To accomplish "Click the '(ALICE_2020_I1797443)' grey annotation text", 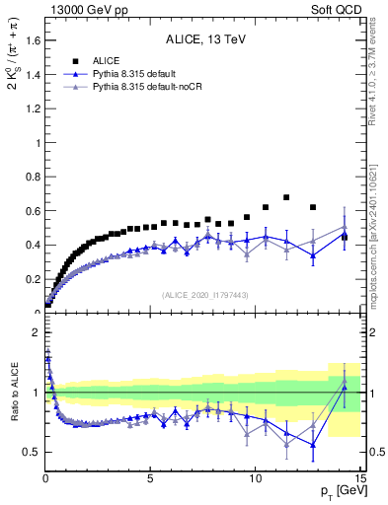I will (204, 295).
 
